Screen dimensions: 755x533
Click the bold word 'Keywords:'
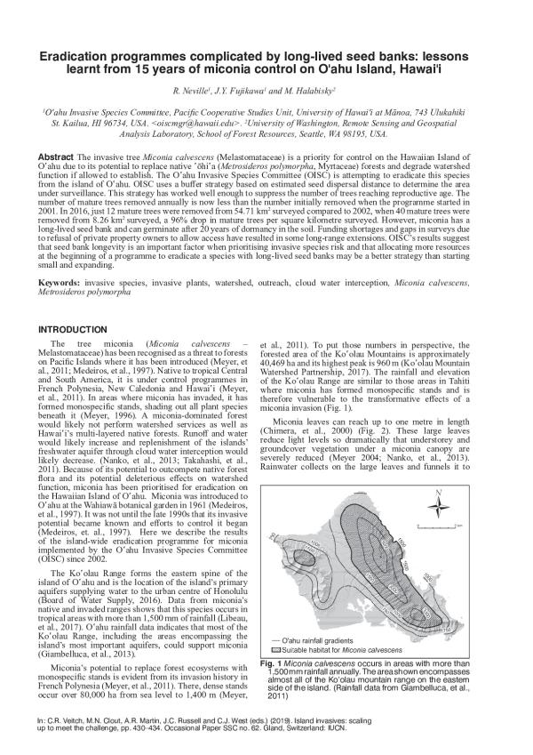tap(60, 282)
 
